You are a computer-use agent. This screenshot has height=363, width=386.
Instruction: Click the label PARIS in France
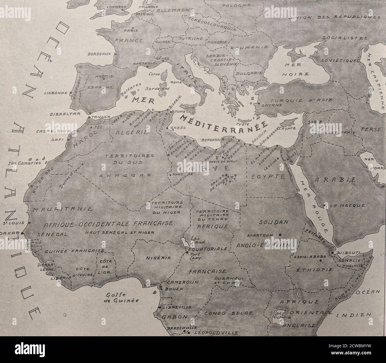pyautogui.click(x=129, y=30)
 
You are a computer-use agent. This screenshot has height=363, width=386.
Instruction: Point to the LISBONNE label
pyautogui.click(x=56, y=93)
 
